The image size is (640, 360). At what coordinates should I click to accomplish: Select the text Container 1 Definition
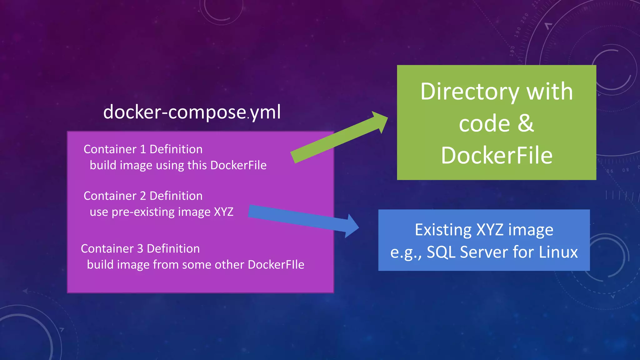coord(143,149)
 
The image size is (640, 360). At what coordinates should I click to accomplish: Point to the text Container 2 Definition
coord(143,196)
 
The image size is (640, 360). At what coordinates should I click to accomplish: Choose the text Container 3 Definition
coord(140,249)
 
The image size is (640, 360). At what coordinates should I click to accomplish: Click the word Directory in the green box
coord(469,92)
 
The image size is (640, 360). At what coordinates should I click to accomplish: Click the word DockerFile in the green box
coord(497,156)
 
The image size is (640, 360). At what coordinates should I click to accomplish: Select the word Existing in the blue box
coord(443,230)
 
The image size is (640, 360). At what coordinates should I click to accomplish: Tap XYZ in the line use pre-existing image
coord(223,212)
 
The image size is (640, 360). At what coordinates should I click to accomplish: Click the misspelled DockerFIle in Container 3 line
coord(276,265)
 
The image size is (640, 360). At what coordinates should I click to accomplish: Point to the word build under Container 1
coord(103,165)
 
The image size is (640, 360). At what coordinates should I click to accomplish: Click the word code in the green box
coord(484,124)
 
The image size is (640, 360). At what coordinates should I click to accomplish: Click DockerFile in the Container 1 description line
coord(238,165)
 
